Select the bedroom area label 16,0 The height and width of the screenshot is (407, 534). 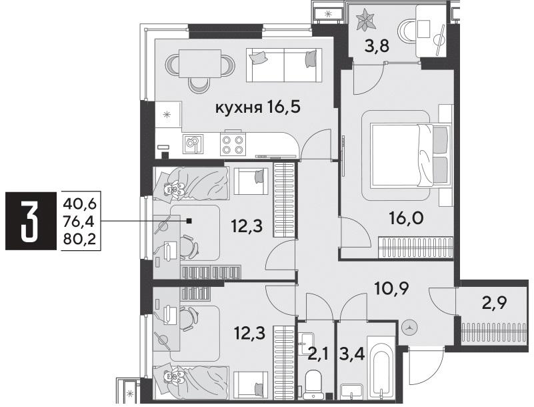click(406, 218)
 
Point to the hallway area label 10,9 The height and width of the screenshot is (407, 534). click(391, 289)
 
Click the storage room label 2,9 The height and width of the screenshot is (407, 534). click(495, 302)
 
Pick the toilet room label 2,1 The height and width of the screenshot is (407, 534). click(318, 355)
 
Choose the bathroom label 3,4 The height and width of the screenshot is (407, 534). click(352, 354)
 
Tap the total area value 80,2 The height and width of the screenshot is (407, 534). click(80, 240)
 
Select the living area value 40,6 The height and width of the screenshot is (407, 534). click(80, 204)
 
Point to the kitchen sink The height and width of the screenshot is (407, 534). click(193, 144)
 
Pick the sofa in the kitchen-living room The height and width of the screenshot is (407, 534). click(284, 65)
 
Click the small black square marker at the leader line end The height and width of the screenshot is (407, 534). click(190, 221)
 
